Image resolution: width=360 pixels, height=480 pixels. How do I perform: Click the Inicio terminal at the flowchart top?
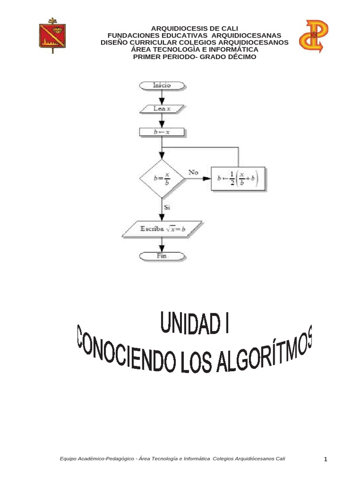(x=162, y=85)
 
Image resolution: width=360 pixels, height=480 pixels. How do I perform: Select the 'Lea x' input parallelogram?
(x=162, y=108)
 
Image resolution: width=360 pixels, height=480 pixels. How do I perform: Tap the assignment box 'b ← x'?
(x=162, y=133)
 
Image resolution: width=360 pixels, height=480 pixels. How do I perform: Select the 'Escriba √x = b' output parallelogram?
(x=162, y=229)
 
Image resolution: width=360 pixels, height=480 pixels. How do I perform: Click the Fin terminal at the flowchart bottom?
(x=162, y=256)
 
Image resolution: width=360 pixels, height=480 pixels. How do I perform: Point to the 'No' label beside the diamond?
(x=194, y=172)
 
